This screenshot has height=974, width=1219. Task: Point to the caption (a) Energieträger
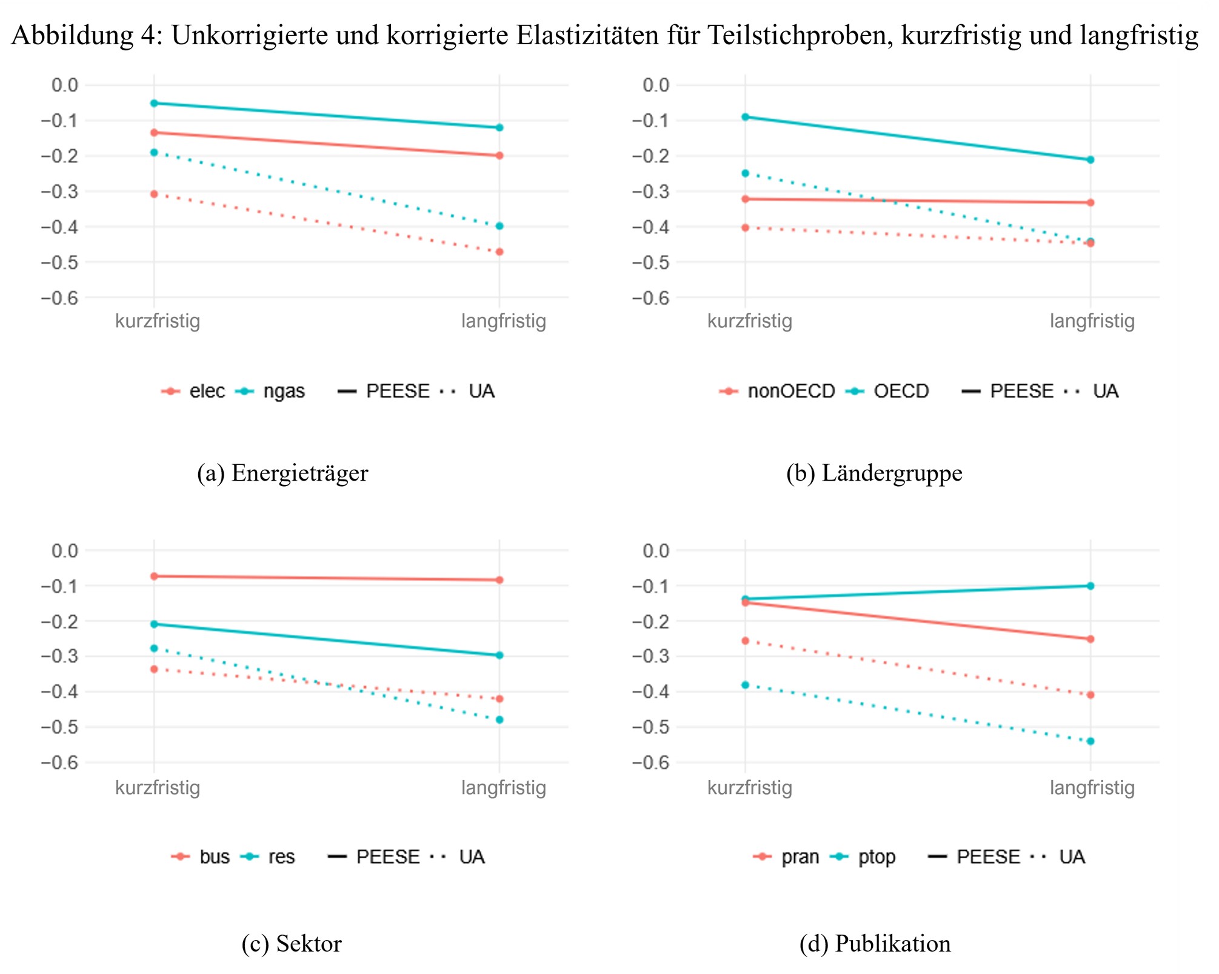click(x=282, y=473)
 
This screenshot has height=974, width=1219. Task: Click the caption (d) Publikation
click(x=875, y=943)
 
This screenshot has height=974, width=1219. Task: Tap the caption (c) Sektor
click(x=292, y=943)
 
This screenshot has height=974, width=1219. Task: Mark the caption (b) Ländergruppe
click(x=874, y=473)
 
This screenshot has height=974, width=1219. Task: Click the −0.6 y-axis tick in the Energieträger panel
click(x=59, y=298)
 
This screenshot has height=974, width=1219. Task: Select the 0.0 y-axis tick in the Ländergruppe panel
click(x=656, y=85)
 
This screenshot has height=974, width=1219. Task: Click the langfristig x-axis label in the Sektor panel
click(x=503, y=787)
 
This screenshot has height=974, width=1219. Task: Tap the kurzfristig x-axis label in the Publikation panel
click(x=749, y=787)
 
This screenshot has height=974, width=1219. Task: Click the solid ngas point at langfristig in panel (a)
click(x=499, y=127)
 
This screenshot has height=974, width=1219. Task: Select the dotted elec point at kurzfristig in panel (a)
click(x=154, y=194)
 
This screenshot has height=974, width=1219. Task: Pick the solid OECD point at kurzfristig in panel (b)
click(x=746, y=116)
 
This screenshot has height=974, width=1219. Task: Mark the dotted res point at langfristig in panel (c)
click(x=499, y=719)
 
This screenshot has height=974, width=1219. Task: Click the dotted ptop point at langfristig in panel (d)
click(x=1090, y=741)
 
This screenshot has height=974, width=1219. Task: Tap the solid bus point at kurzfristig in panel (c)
click(x=154, y=576)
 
